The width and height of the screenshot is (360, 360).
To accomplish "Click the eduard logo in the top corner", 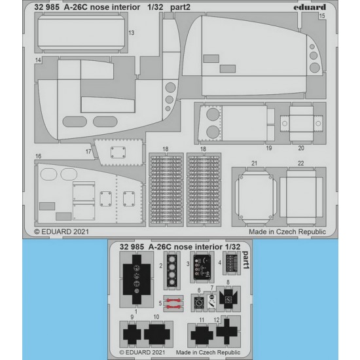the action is click(310, 7).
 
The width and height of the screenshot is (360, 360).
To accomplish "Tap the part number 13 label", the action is click(132, 33).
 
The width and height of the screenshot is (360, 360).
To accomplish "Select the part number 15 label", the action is click(322, 16).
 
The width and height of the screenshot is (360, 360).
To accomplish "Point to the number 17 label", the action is click(88, 152).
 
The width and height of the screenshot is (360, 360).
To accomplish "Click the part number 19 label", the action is click(269, 148).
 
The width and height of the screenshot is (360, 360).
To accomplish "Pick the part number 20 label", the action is click(301, 148).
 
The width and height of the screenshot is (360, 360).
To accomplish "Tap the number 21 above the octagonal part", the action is click(254, 163).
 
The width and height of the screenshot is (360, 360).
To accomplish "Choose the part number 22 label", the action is click(301, 163).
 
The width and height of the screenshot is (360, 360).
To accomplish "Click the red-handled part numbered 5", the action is click(173, 303).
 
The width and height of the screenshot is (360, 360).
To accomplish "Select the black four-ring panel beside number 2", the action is click(171, 270).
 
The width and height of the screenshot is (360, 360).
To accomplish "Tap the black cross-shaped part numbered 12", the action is click(226, 331).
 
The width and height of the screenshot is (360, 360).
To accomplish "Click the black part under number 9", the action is click(132, 334).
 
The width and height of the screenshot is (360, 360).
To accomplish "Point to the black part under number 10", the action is click(157, 334).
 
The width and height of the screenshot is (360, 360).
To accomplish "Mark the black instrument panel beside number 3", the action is click(202, 267).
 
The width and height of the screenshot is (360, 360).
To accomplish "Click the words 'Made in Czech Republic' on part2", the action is click(287, 232).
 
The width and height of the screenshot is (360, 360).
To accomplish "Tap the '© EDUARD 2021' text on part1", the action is click(142, 352).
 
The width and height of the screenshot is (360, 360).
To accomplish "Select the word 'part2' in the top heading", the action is click(180, 7).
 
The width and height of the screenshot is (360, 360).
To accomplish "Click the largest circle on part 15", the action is click(315, 67).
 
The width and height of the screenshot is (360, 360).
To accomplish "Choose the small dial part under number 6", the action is click(199, 303).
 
